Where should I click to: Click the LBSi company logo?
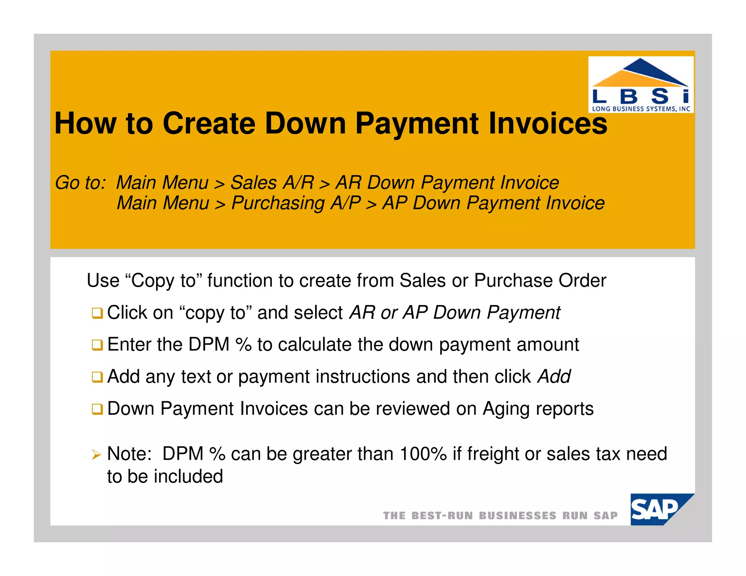point(641,84)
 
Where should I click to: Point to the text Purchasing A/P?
point(296,203)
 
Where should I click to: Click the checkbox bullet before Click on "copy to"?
point(97,313)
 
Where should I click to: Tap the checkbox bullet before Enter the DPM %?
point(97,345)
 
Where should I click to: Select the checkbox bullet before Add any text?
point(97,377)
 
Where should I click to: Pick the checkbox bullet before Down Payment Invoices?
point(97,409)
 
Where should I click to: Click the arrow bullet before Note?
point(97,454)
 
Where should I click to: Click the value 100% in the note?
point(423,454)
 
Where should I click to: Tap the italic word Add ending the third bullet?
point(554,376)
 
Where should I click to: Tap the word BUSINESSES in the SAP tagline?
point(517,516)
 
